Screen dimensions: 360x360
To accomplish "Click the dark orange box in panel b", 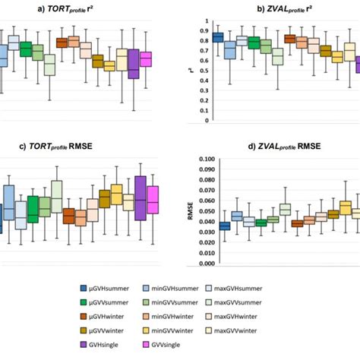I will (x=289, y=39).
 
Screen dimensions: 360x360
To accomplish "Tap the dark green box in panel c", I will (x=33, y=209).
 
